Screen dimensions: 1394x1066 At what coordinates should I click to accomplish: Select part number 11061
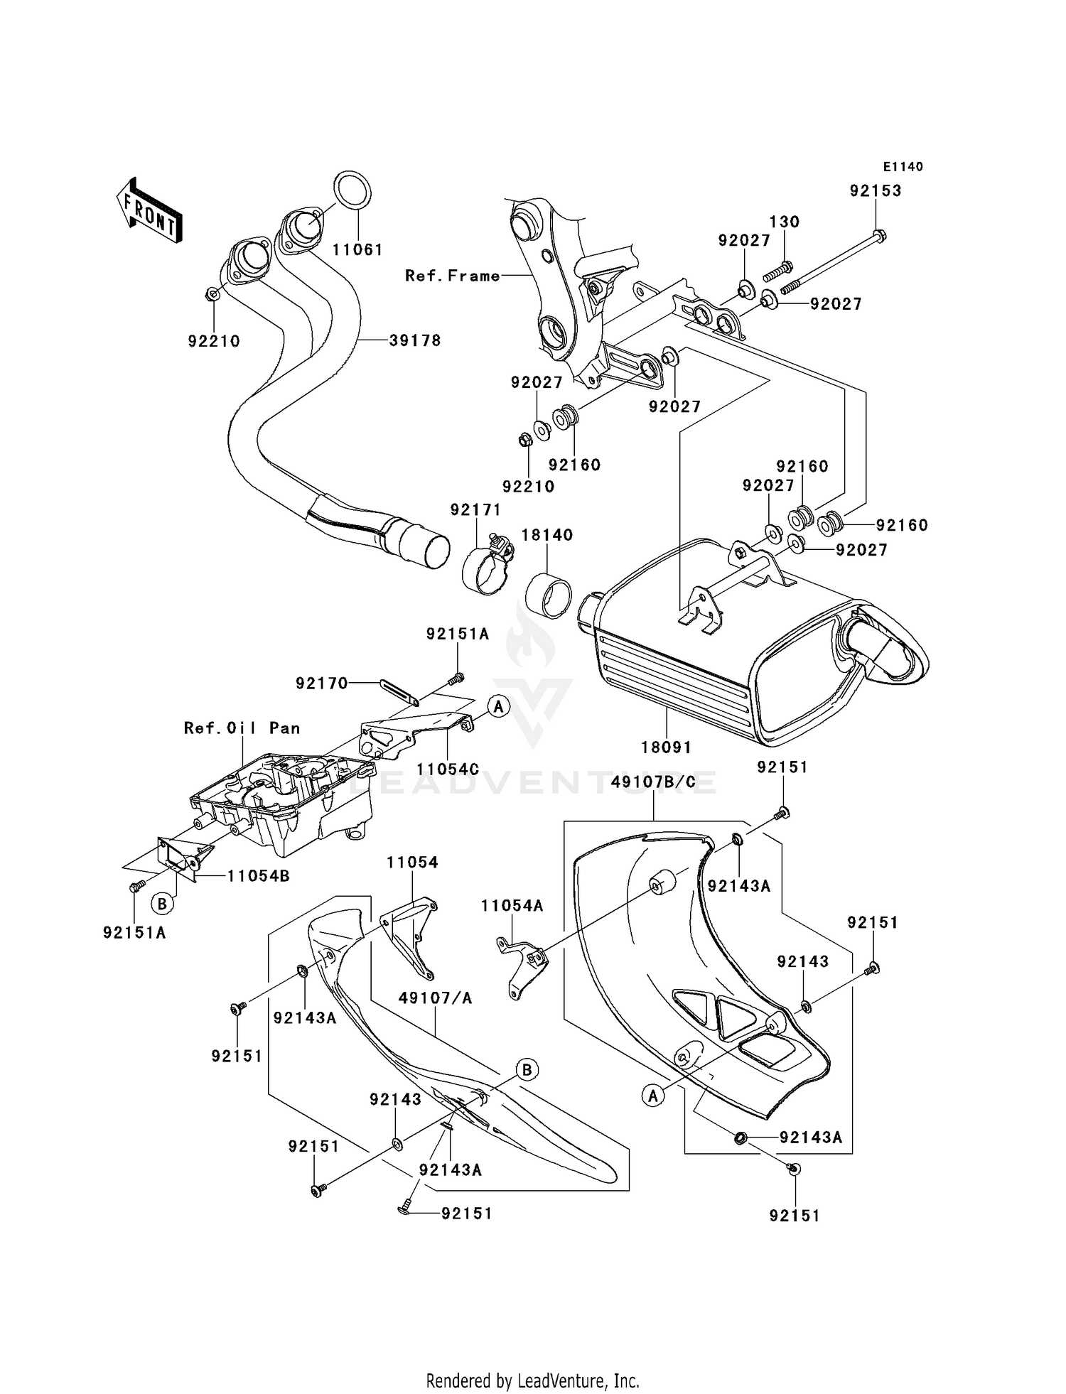pyautogui.click(x=357, y=250)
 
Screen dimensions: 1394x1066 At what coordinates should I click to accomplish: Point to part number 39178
pyautogui.click(x=415, y=340)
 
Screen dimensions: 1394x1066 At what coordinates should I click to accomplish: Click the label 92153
pyautogui.click(x=876, y=190)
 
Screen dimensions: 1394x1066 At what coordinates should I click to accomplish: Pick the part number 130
pyautogui.click(x=785, y=222)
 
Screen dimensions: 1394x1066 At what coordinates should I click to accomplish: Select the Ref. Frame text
pyautogui.click(x=453, y=276)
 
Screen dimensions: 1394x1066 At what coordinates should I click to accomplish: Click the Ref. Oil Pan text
pyautogui.click(x=242, y=728)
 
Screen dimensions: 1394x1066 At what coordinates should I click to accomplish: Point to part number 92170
pyautogui.click(x=322, y=683)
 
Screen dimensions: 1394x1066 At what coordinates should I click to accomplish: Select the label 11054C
pyautogui.click(x=448, y=769)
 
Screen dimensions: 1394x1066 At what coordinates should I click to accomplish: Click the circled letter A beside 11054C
pyautogui.click(x=499, y=706)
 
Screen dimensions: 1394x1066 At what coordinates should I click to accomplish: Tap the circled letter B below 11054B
pyautogui.click(x=162, y=904)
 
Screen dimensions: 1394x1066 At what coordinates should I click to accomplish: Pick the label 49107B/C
pyautogui.click(x=654, y=783)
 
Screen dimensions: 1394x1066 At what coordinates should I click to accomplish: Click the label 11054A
pyautogui.click(x=512, y=906)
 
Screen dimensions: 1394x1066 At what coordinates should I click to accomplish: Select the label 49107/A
pyautogui.click(x=435, y=998)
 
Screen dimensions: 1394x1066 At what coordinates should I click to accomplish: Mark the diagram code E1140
pyautogui.click(x=903, y=167)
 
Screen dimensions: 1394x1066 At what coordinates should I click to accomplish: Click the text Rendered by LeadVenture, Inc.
pyautogui.click(x=532, y=1381)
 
